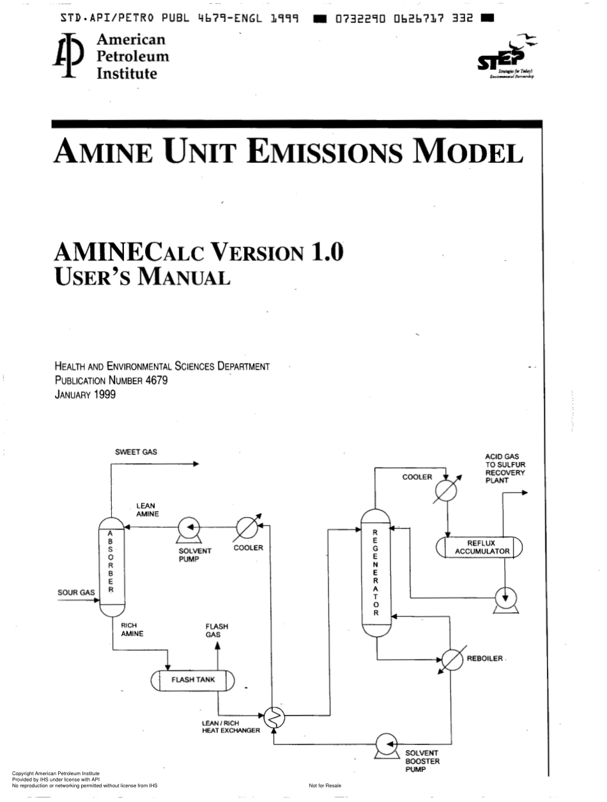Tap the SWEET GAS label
point(135,452)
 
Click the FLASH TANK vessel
point(193,680)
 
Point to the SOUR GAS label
point(76,592)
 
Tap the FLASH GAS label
point(217,631)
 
